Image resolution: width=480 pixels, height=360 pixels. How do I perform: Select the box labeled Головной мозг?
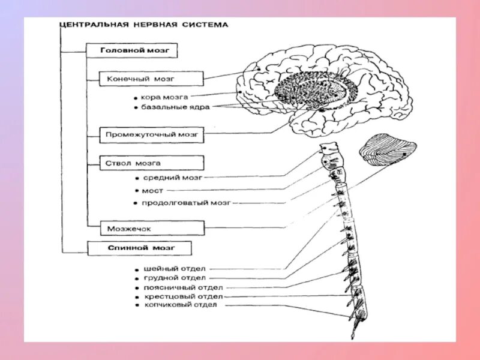[x=131, y=50]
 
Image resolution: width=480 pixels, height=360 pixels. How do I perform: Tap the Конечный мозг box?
[x=152, y=79]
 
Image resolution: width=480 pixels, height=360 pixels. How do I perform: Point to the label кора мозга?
[x=165, y=96]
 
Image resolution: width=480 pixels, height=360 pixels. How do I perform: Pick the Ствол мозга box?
[x=152, y=163]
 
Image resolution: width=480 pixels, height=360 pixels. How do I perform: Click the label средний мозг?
[x=173, y=178]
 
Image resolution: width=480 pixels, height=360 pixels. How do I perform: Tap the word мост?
[x=152, y=191]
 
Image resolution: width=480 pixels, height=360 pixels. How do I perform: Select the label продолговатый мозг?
[x=185, y=203]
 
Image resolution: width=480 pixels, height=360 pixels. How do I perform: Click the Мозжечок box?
[x=145, y=229]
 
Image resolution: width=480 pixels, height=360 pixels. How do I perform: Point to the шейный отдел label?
[x=175, y=269]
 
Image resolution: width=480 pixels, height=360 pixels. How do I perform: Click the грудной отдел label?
[x=175, y=278]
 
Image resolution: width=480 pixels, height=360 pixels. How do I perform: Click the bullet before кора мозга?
[x=137, y=97]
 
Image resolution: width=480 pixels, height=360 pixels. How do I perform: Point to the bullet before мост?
[x=137, y=191]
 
